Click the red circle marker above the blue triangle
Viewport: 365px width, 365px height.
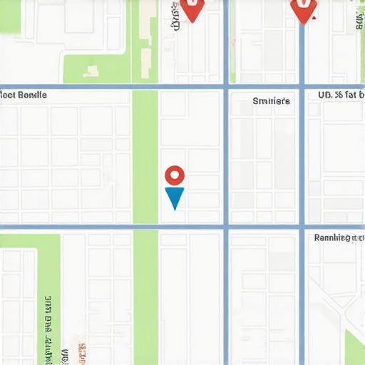point(175,175)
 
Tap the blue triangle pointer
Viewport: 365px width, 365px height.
point(174,197)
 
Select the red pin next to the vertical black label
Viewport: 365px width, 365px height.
point(192,9)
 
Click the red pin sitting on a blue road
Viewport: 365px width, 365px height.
point(303,9)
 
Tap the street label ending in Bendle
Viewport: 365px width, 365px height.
point(24,94)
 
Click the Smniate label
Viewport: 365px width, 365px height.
point(272,101)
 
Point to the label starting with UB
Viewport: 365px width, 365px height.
point(341,94)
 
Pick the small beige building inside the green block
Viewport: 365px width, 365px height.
point(91,71)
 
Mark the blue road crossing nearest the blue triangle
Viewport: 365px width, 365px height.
point(226,227)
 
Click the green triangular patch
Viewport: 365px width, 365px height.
point(354,349)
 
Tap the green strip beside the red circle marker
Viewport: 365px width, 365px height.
point(145,157)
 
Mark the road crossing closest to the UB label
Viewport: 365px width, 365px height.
point(302,87)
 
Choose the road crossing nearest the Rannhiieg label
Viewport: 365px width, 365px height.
point(302,227)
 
